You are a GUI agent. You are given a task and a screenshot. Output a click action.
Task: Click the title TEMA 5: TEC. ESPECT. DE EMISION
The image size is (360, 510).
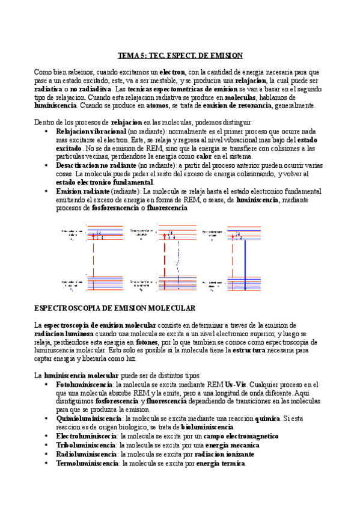[180, 55]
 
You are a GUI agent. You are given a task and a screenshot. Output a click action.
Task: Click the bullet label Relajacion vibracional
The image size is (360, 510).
[91, 131]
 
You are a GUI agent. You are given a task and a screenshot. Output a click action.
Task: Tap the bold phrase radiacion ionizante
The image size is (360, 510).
[215, 455]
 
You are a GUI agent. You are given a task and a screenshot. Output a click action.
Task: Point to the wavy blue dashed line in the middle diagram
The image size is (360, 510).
[177, 259]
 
